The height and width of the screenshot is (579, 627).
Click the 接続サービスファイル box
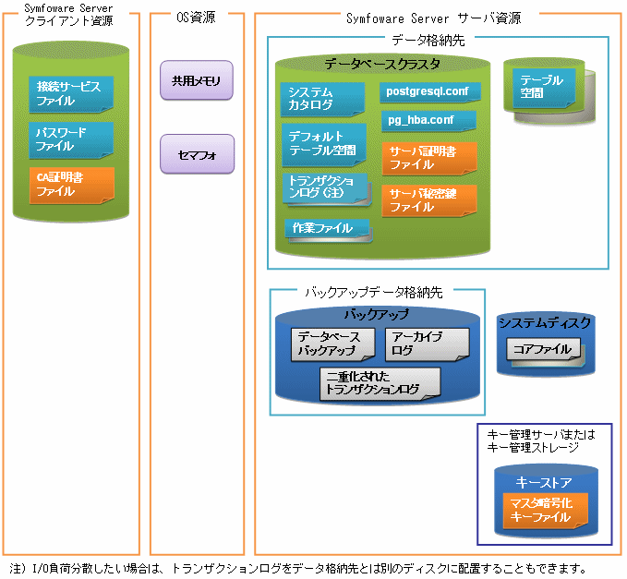coord(71,94)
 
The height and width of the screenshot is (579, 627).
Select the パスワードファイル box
coord(71,140)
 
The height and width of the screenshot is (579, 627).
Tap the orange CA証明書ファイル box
coord(72,186)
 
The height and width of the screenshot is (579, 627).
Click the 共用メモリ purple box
coord(197,80)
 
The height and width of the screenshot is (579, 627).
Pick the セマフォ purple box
coord(197,154)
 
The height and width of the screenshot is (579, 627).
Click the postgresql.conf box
coord(430,92)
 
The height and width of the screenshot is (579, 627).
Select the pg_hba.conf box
coord(429,121)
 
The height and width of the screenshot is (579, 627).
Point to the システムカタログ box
coord(322,99)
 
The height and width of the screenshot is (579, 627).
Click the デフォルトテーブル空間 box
coord(324,144)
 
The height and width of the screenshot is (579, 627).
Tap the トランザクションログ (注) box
coord(326,188)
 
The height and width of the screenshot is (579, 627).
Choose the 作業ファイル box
coord(328,229)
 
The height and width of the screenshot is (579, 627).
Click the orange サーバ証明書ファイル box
coord(429,158)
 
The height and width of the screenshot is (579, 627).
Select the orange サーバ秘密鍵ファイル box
coord(429,200)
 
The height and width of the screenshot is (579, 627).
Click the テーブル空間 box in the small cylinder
coord(544,88)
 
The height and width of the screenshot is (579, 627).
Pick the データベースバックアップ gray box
coord(333,344)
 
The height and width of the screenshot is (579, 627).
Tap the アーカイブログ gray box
coord(428,344)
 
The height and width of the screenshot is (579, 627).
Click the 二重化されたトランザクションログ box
coord(380,383)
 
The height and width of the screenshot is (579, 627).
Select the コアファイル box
coord(544,350)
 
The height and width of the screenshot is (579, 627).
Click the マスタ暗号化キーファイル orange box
coord(546,511)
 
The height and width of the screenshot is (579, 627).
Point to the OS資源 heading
coord(196,18)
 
